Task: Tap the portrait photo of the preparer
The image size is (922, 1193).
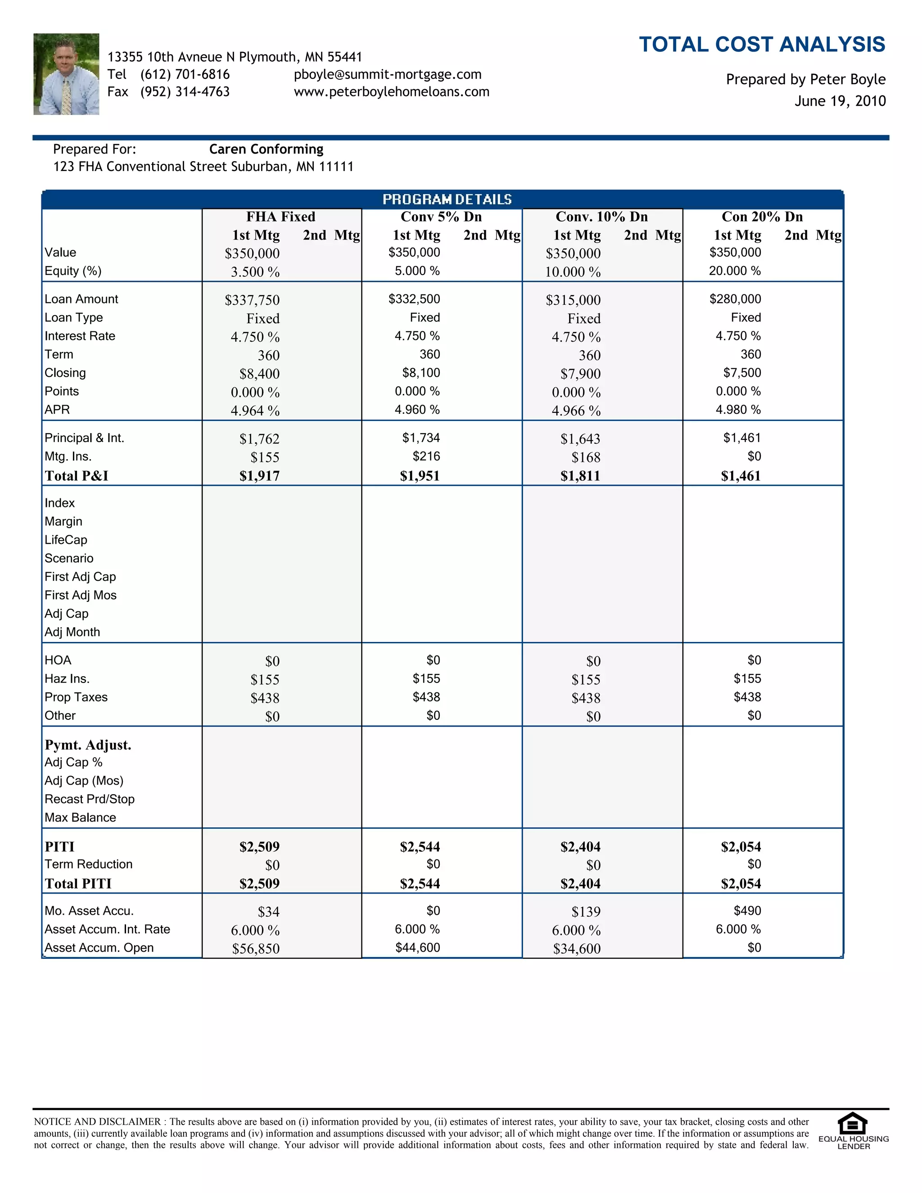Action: pyautogui.click(x=66, y=74)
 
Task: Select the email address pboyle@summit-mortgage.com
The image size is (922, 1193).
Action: pyautogui.click(x=387, y=74)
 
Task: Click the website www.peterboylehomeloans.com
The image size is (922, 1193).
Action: pyautogui.click(x=391, y=92)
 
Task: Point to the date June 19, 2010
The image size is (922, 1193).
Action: pyautogui.click(x=840, y=101)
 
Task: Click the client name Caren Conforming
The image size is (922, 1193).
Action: pyautogui.click(x=266, y=149)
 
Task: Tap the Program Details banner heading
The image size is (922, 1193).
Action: pyautogui.click(x=447, y=199)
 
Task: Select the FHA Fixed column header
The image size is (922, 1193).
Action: pyautogui.click(x=281, y=217)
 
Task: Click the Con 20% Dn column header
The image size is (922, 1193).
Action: pyautogui.click(x=762, y=217)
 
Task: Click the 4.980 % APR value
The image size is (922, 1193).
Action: pyautogui.click(x=738, y=410)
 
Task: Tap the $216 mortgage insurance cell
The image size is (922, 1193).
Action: pyautogui.click(x=426, y=456)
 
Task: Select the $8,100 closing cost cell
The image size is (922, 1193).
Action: pyautogui.click(x=421, y=373)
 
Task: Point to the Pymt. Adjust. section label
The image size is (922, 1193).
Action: pyautogui.click(x=88, y=745)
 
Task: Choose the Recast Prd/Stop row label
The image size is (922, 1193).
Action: pyautogui.click(x=90, y=799)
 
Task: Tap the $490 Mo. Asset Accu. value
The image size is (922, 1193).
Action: pyautogui.click(x=747, y=911)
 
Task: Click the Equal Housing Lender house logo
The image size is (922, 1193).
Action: pyautogui.click(x=853, y=1124)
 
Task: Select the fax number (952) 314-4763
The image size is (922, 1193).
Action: pyautogui.click(x=185, y=92)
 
